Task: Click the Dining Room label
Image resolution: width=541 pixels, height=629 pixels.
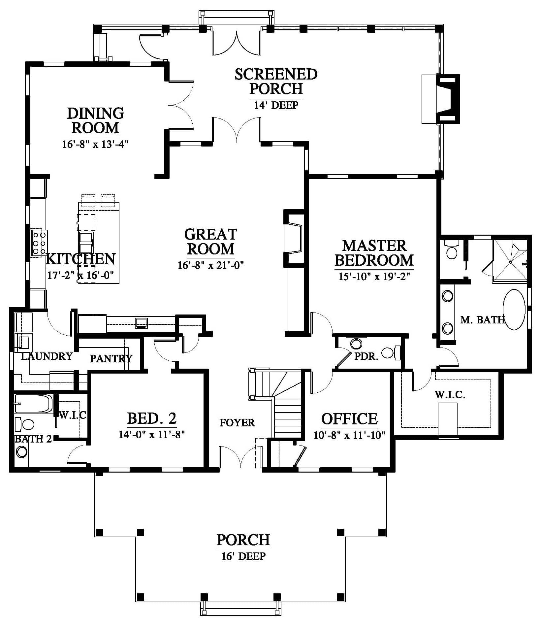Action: [x=95, y=120]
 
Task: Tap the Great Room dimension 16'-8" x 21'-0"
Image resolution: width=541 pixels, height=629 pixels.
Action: [x=210, y=265]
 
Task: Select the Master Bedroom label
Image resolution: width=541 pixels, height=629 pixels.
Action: [x=374, y=253]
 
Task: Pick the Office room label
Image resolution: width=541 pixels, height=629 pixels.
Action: [x=349, y=419]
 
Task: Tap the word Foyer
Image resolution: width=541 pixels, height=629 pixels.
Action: [x=237, y=423]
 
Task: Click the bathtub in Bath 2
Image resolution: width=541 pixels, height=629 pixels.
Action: [x=33, y=404]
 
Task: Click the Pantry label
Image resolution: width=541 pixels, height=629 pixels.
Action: [x=111, y=358]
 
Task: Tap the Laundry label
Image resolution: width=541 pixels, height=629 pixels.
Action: [x=47, y=356]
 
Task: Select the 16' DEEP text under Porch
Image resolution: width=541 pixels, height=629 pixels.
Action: [x=243, y=556]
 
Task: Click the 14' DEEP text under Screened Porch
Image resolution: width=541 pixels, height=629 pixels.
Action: [x=276, y=105]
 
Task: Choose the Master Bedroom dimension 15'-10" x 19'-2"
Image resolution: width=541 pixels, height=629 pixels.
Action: [x=374, y=276]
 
